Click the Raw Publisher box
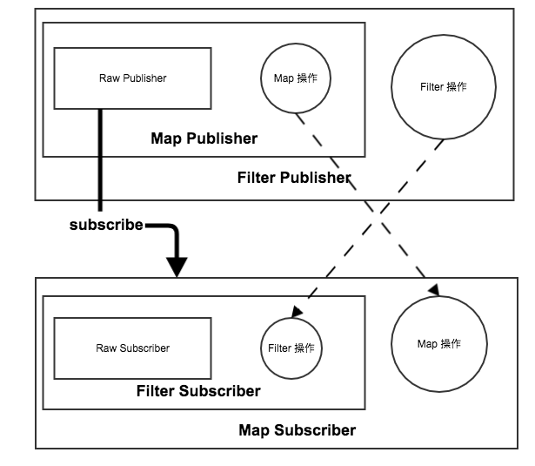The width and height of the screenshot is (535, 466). click(x=132, y=78)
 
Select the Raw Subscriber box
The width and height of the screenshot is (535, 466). click(x=132, y=348)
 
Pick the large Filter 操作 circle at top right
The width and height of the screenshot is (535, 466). click(x=443, y=87)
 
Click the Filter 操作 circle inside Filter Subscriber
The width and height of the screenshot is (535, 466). click(x=291, y=348)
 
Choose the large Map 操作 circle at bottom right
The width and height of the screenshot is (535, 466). click(x=439, y=344)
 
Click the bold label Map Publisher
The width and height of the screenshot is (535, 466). click(x=204, y=138)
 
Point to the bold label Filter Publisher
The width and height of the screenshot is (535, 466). click(x=294, y=179)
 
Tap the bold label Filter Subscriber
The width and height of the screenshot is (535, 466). click(x=198, y=391)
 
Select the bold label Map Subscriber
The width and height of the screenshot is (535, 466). click(x=297, y=430)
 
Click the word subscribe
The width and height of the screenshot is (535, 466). click(x=106, y=225)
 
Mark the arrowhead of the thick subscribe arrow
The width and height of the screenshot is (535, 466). click(x=177, y=267)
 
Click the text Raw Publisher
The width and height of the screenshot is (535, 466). click(x=132, y=78)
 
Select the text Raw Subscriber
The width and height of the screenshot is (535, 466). click(x=132, y=348)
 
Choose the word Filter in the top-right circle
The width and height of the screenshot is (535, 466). click(x=431, y=87)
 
